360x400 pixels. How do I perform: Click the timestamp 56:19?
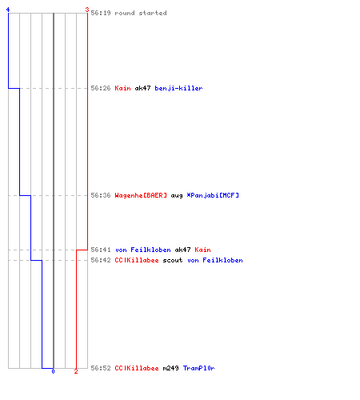coord(101,13)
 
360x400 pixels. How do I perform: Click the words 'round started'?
coord(141,13)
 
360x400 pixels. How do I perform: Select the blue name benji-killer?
coord(178,88)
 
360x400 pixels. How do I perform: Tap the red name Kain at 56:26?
coord(122,88)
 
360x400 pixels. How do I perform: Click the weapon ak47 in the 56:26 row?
coord(142,88)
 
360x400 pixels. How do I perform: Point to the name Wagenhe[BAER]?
coord(141,195)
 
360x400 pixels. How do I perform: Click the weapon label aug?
coord(177,196)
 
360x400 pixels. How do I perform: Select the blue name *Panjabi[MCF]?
coord(213,195)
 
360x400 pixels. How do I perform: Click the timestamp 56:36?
coord(101,195)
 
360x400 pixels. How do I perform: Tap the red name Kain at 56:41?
coord(202,250)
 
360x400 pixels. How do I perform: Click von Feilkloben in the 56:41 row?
coord(142,250)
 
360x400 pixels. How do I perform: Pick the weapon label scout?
coord(173,260)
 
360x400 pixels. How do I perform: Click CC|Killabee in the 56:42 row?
coord(137,260)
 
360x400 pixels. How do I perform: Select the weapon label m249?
coord(170,368)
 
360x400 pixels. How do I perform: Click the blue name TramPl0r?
coord(198,368)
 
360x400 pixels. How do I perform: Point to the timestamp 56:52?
coord(101,368)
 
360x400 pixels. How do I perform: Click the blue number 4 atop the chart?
coord(8,10)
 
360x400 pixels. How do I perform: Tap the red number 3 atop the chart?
coord(87,10)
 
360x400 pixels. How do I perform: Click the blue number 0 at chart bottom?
coord(53,371)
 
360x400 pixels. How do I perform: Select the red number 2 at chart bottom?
coord(76,371)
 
